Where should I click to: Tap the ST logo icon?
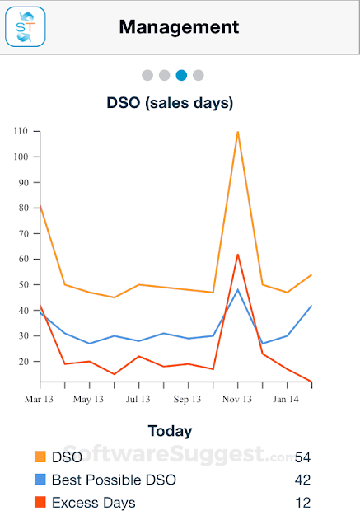click(25, 26)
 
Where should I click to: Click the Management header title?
click(179, 26)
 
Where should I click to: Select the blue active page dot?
click(181, 75)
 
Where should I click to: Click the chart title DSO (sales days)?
click(170, 103)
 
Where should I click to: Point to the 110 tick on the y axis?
click(21, 131)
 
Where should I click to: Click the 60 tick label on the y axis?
click(22, 259)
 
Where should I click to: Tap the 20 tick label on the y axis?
click(22, 361)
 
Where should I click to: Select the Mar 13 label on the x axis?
click(40, 399)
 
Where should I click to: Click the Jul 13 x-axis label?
click(138, 399)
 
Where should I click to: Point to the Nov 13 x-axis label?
click(237, 399)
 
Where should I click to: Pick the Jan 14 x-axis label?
click(287, 399)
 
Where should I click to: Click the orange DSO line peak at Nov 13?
click(237, 132)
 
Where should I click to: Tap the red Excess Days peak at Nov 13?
click(237, 255)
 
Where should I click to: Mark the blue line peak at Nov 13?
click(237, 289)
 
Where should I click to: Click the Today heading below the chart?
click(170, 431)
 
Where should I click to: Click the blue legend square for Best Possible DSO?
click(40, 480)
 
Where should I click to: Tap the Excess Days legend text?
click(93, 503)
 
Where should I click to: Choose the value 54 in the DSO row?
click(302, 457)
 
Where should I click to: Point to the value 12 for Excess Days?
click(302, 503)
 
